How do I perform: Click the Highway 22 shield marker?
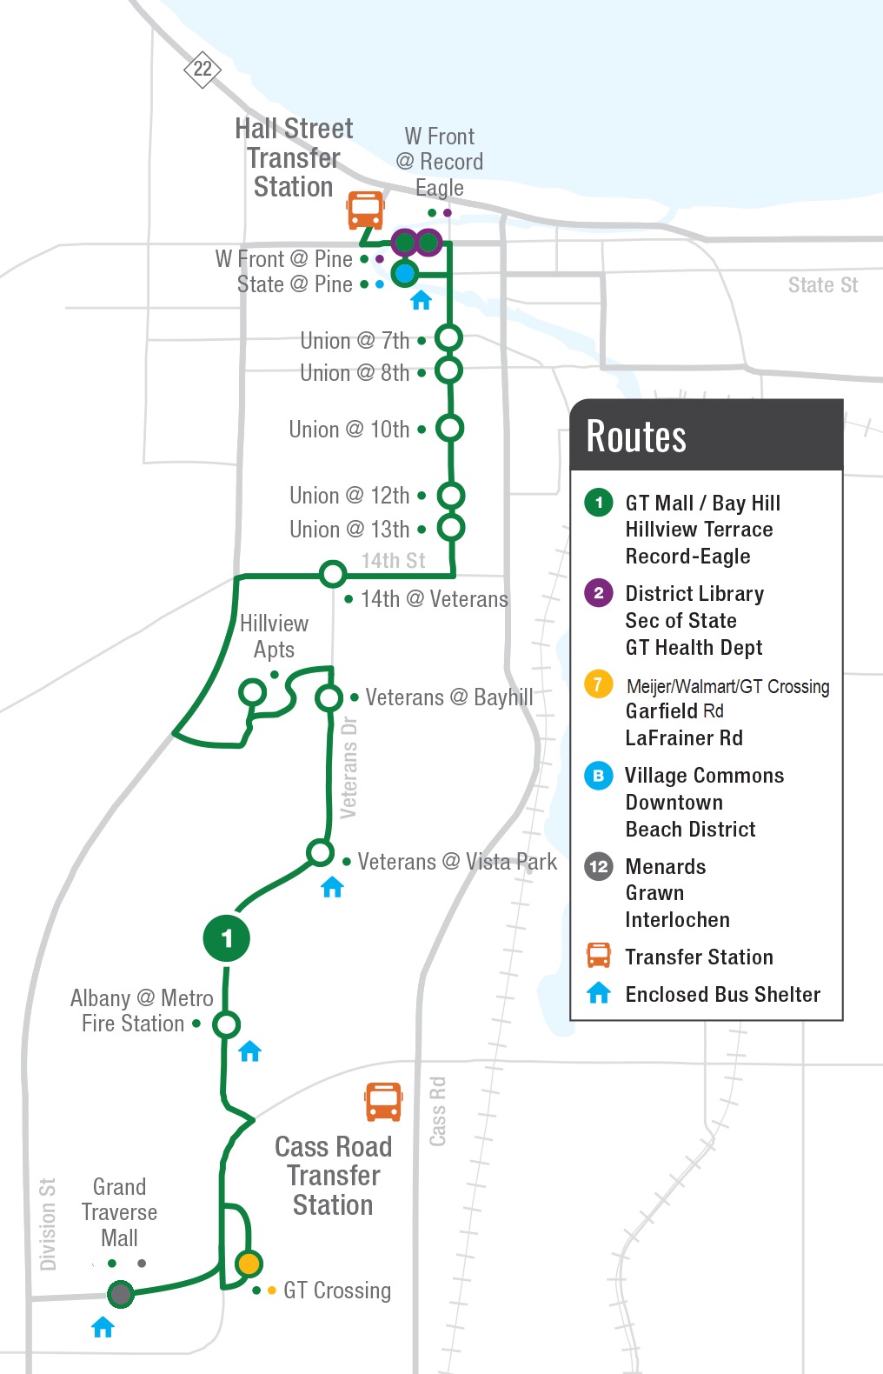coord(202,69)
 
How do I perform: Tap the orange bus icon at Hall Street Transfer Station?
coord(365,210)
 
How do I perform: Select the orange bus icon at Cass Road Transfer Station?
coord(383,1101)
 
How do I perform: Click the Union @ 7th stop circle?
coord(448,337)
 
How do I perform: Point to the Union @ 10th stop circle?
coord(449,428)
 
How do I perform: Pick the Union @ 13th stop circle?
coord(450,527)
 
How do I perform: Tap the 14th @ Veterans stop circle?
coord(332,574)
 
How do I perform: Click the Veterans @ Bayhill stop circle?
coord(329,697)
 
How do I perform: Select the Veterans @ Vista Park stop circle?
coord(320,853)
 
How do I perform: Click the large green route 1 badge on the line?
coord(227,938)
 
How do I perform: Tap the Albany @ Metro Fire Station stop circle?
coord(227,1024)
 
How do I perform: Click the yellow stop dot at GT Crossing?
coord(249,1264)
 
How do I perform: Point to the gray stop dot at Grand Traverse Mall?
coord(121,1294)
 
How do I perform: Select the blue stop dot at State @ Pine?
coord(404,273)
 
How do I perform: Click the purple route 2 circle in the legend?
coord(598,593)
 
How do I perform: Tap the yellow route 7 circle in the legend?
coord(598,684)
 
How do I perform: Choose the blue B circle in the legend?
coord(598,775)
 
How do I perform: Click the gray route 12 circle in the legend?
coord(598,866)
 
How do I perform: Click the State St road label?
coord(822,285)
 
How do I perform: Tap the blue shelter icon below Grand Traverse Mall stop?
coord(103,1327)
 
